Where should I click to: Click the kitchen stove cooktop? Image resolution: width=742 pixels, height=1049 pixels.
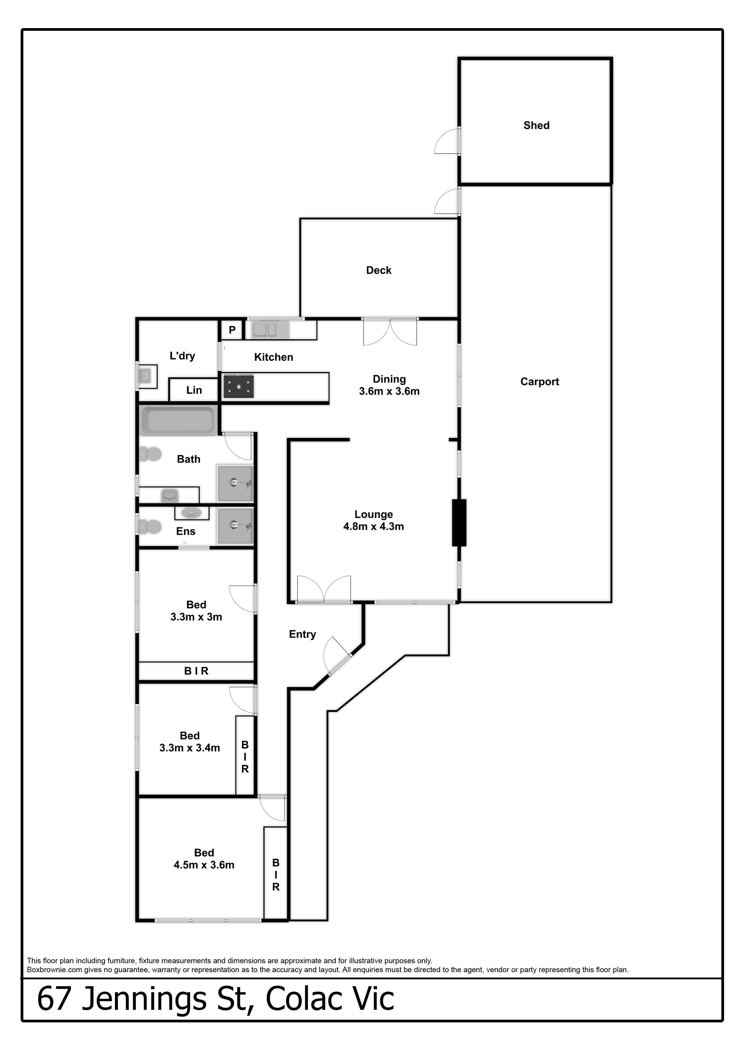(x=238, y=386)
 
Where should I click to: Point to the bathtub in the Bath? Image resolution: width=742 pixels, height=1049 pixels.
(x=178, y=420)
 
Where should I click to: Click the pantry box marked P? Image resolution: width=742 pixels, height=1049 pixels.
(x=232, y=330)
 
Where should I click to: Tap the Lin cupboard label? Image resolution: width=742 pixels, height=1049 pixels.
(x=194, y=390)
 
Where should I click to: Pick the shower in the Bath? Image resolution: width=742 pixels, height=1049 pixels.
(x=235, y=483)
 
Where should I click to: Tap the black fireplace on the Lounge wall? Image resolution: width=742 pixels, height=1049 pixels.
(x=459, y=523)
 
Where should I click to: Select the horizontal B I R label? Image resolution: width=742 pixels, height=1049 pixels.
(x=196, y=671)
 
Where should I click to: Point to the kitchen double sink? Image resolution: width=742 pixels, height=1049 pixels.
(x=265, y=330)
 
